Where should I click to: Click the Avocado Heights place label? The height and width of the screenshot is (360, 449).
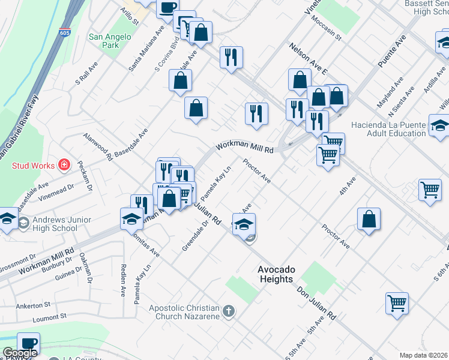click(x=276, y=275)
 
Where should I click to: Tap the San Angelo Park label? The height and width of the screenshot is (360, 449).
click(x=110, y=41)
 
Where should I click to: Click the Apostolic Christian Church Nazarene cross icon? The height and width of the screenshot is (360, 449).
click(x=228, y=311)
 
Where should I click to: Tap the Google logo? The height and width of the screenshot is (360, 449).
click(x=20, y=353)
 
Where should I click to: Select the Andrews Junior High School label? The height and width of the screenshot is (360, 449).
click(x=55, y=224)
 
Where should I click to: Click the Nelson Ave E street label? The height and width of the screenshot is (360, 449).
click(x=307, y=58)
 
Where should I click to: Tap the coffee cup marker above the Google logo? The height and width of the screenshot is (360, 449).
click(x=28, y=343)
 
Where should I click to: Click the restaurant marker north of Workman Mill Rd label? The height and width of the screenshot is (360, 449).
click(x=256, y=113)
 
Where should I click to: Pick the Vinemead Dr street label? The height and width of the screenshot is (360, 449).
click(x=55, y=188)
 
